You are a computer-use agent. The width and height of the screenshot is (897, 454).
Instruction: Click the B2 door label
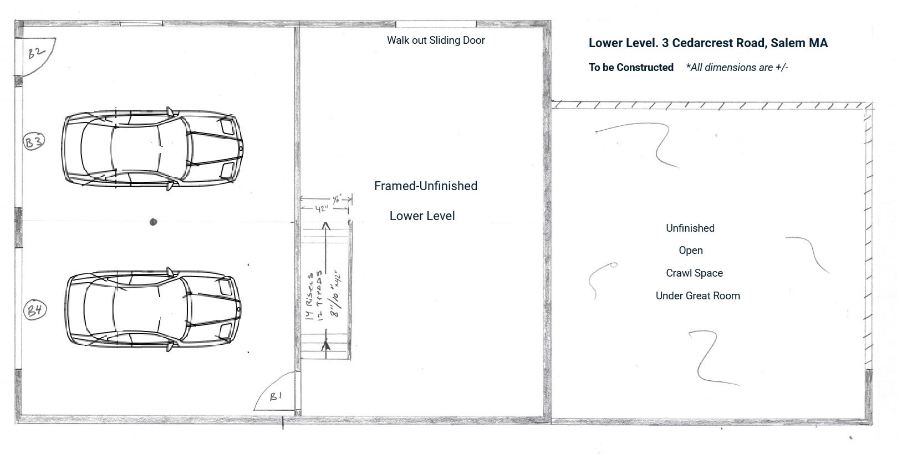(36, 53)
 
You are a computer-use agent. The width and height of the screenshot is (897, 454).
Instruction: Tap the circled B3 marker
(33, 141)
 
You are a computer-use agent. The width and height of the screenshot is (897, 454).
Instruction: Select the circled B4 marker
(35, 309)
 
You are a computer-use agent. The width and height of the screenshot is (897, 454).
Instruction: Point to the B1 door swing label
(276, 396)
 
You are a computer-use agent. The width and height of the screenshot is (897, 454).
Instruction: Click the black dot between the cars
(154, 222)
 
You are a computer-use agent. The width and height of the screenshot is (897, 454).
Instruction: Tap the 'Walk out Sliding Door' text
(436, 40)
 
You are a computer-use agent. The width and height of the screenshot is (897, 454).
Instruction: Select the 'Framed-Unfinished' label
(425, 186)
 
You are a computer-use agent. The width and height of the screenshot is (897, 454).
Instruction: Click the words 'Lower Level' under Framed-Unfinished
(422, 216)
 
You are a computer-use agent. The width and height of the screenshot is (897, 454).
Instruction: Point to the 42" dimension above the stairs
(322, 209)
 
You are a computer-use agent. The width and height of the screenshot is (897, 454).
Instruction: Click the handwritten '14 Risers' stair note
(310, 295)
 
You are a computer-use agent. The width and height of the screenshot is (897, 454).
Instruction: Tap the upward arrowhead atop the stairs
(326, 226)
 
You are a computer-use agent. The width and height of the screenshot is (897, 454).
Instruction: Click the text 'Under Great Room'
(697, 296)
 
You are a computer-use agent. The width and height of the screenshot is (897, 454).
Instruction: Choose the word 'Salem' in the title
(787, 43)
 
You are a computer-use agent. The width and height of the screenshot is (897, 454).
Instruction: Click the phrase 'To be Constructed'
(631, 68)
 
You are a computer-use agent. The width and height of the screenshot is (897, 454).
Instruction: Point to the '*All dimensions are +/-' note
(737, 68)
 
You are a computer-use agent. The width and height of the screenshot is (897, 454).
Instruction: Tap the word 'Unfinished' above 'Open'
(690, 228)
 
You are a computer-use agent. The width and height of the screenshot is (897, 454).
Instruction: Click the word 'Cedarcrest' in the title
(701, 43)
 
